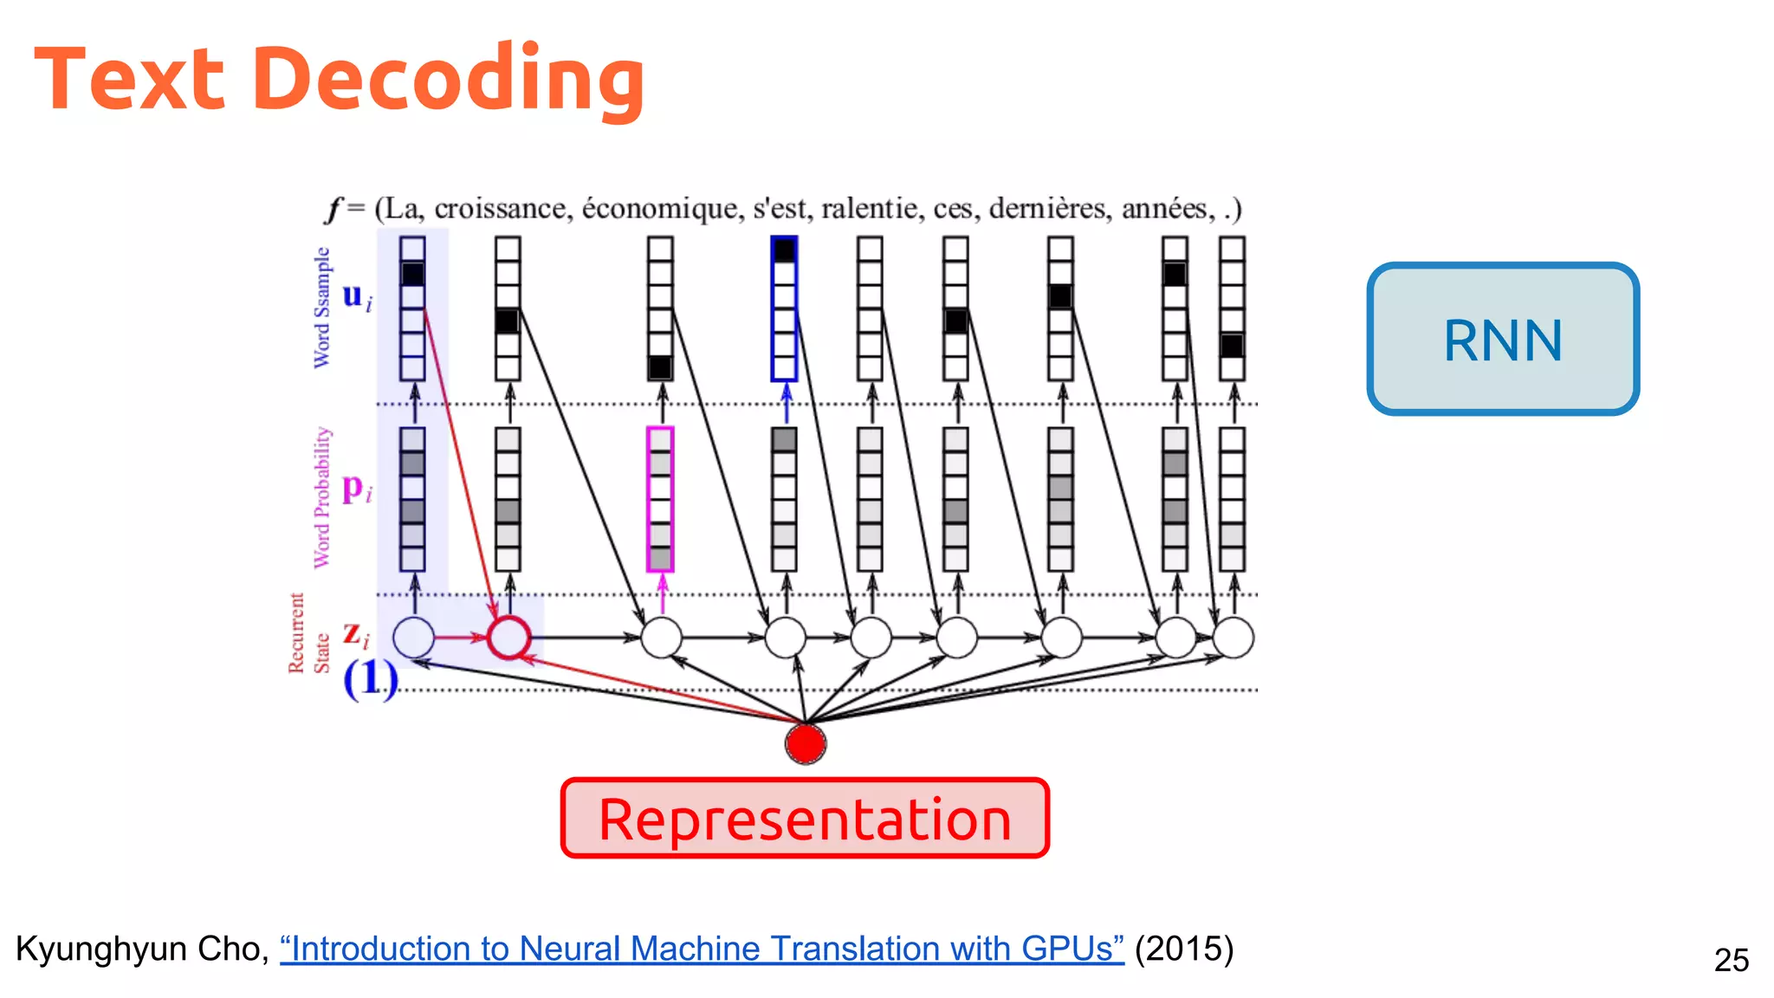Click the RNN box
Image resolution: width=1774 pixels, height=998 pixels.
click(1503, 339)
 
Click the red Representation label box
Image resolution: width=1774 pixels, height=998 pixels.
click(805, 819)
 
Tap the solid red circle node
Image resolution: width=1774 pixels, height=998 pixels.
click(806, 744)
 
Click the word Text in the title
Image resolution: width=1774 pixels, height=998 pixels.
click(130, 80)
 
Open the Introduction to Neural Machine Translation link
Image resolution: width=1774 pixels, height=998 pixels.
click(702, 949)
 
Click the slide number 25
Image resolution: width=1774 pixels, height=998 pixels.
click(1731, 960)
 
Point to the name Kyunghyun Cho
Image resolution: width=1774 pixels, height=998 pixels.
click(139, 949)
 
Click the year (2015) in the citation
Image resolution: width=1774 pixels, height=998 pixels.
click(1184, 949)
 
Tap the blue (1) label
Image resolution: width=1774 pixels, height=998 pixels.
click(370, 678)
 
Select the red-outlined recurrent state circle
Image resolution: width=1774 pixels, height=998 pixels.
click(508, 638)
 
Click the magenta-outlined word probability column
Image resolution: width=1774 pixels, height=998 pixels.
click(660, 499)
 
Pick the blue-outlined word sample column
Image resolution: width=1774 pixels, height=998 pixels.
click(784, 308)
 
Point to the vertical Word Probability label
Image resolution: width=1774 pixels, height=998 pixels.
click(321, 497)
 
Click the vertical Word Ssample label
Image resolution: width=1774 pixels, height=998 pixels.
click(321, 308)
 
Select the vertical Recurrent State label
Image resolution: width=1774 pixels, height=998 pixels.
click(308, 633)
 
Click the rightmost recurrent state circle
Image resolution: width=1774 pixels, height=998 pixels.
click(1233, 638)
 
